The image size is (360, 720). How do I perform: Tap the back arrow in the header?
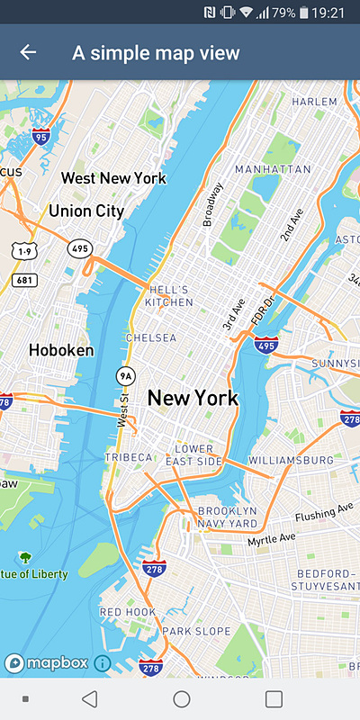pos(28,52)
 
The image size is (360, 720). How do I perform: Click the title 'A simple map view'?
pos(156,53)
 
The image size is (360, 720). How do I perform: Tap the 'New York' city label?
pos(193,398)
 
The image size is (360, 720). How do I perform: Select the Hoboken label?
pos(61,350)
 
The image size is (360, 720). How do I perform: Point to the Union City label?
pos(86,211)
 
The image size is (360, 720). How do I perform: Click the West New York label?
pos(113,178)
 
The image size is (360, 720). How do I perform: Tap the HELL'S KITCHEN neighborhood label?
pos(170,296)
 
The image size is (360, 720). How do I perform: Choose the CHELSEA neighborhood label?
pos(152,338)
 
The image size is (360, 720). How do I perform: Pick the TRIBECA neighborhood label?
pos(129,458)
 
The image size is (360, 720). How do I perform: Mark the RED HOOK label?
pos(127,612)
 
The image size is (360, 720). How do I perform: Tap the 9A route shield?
pos(124,375)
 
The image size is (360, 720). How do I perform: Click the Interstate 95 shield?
pos(40,137)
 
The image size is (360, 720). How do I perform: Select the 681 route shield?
pos(25,281)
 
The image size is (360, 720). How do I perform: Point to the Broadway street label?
pos(213,203)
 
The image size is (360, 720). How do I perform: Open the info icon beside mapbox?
pos(102,663)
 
